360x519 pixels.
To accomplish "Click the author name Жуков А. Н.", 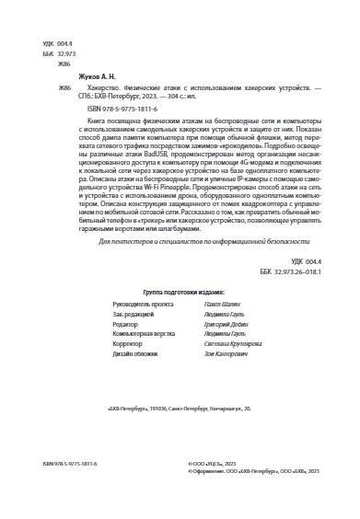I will pyautogui.click(x=76, y=79).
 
